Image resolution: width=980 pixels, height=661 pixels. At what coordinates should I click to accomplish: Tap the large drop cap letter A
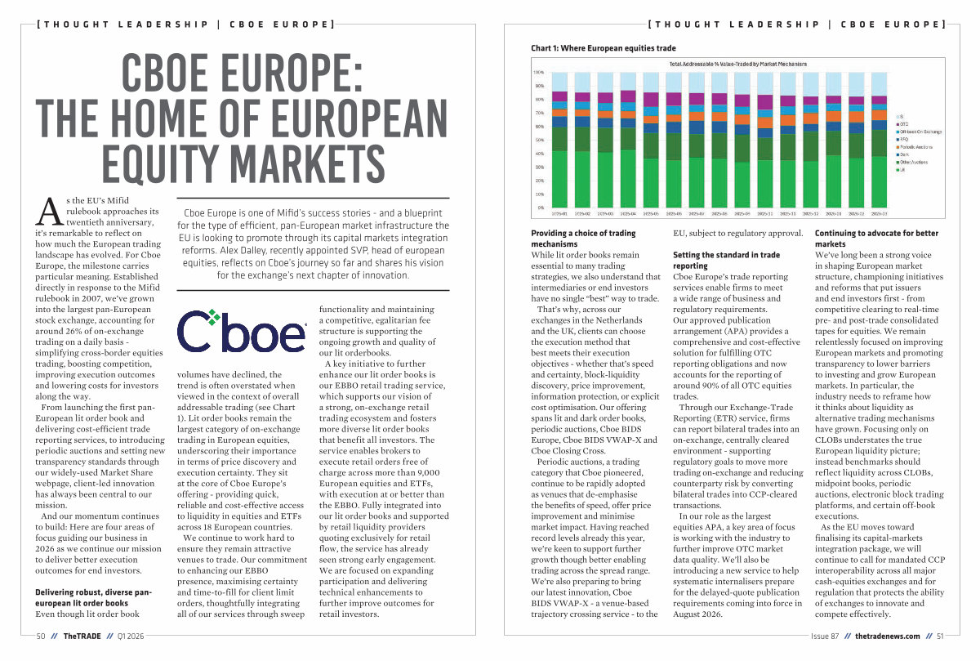pyautogui.click(x=46, y=212)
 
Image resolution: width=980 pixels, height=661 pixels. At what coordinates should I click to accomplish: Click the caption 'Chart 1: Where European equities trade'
pyautogui.click(x=604, y=48)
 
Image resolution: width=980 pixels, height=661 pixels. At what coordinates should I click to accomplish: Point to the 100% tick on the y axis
pyautogui.click(x=539, y=73)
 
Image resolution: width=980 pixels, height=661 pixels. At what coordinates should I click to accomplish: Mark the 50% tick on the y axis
pyautogui.click(x=539, y=140)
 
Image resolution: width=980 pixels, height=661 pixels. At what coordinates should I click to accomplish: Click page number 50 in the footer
pyautogui.click(x=41, y=636)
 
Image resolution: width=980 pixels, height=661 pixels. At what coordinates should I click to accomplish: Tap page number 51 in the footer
pyautogui.click(x=940, y=636)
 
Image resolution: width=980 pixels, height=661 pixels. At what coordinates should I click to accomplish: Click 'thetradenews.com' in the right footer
pyautogui.click(x=888, y=636)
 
